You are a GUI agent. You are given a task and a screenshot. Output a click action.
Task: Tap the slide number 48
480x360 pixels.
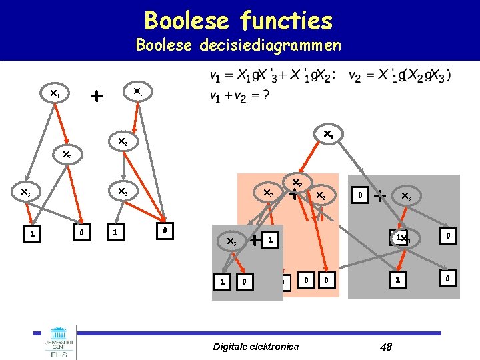pos(385,346)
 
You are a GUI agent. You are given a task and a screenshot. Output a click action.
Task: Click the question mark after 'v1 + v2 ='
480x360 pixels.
pos(265,95)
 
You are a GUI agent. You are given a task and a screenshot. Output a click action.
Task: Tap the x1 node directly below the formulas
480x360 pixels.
pos(328,135)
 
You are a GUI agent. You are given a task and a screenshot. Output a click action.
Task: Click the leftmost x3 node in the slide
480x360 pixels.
pos(25,193)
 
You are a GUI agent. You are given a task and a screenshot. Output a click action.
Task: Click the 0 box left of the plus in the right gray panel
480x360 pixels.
pos(359,196)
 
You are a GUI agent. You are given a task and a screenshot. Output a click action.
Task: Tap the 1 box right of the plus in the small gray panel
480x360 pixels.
pos(269,239)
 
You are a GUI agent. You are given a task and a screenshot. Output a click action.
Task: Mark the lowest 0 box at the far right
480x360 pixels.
pos(449,277)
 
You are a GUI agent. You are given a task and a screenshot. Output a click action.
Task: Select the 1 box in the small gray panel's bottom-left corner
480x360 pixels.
pos(221,282)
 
